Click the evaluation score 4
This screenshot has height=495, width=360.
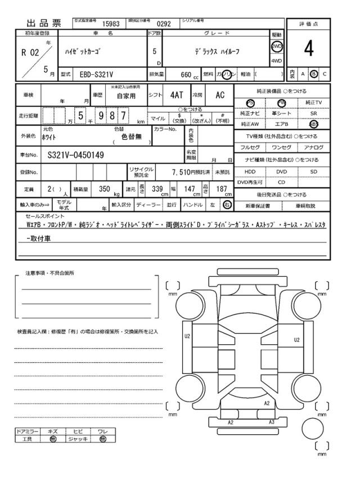click(308, 49)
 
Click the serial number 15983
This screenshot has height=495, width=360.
click(110, 24)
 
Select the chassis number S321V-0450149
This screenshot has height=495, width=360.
click(75, 155)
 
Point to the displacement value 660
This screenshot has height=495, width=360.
click(186, 74)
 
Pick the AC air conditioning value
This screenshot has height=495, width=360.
click(220, 96)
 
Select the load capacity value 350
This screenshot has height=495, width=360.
click(104, 189)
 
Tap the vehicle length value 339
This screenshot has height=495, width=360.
click(157, 189)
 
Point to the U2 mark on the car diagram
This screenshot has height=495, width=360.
click(187, 336)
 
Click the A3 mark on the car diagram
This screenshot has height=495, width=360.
click(271, 422)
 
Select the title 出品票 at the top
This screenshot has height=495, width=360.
click(43, 24)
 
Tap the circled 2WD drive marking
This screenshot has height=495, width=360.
click(277, 47)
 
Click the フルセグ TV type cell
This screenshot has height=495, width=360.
click(250, 147)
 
